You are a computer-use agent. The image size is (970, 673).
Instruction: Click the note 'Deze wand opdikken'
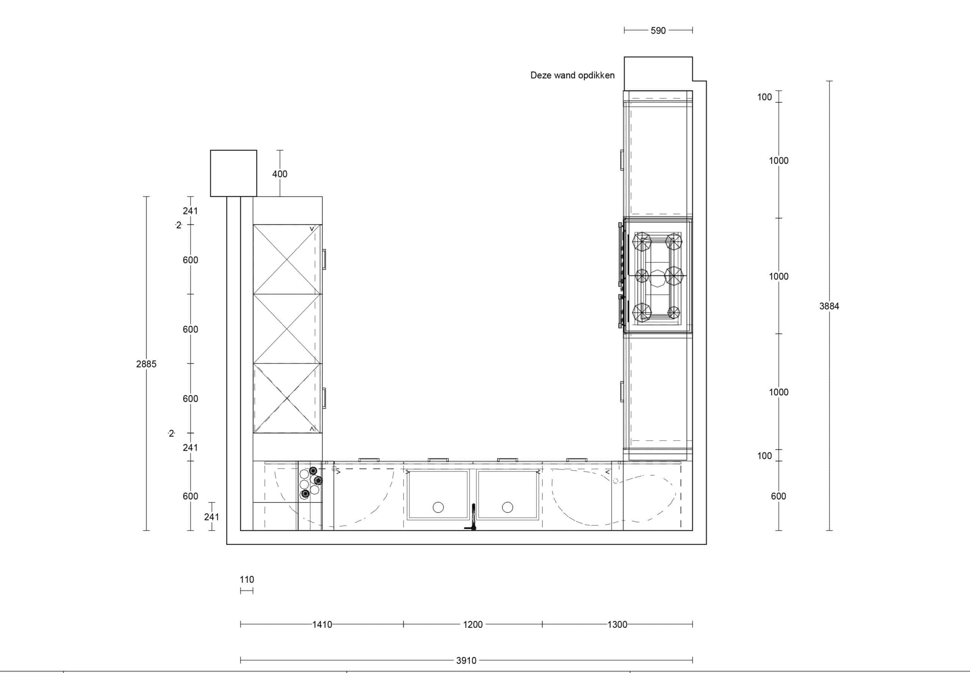click(572, 75)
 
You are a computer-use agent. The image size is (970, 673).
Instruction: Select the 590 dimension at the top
click(658, 30)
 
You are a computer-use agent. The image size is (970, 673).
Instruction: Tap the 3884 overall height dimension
click(829, 306)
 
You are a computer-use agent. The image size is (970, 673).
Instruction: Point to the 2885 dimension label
click(146, 364)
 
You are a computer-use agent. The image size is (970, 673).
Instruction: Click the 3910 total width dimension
click(466, 660)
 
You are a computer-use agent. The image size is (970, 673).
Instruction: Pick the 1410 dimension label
click(322, 624)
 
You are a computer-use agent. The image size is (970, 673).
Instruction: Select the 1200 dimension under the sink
click(473, 624)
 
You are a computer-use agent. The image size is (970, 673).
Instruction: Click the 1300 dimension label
click(617, 624)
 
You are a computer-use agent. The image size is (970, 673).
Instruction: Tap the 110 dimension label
click(247, 579)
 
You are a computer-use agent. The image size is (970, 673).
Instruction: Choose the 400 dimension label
click(280, 174)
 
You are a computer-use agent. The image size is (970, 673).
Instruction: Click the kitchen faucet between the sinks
click(472, 518)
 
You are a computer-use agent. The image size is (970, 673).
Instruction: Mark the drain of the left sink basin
click(438, 507)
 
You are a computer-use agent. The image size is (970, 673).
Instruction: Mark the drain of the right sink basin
click(507, 507)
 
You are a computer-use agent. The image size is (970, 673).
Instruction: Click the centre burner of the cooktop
click(657, 278)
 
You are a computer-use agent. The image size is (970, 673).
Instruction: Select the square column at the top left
click(233, 173)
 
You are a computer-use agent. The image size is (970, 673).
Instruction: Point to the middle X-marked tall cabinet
click(287, 329)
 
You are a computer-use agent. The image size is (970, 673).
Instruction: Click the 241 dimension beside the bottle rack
click(211, 516)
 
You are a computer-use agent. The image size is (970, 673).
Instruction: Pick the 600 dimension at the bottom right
click(778, 496)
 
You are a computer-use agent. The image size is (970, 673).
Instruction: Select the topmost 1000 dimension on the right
click(778, 161)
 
